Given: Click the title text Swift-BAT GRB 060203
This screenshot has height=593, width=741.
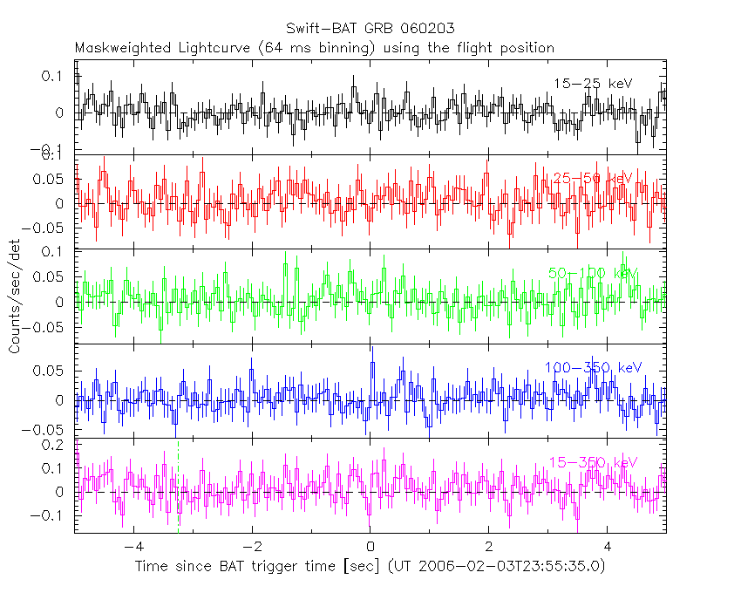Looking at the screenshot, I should point(370,29).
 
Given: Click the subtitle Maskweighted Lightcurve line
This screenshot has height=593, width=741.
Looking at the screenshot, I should point(315,47).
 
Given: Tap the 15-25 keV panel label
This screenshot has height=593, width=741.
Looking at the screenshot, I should point(592,83).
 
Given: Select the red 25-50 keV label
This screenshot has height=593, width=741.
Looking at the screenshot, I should point(592,179).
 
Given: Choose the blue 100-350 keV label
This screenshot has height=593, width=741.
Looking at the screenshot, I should point(593,368).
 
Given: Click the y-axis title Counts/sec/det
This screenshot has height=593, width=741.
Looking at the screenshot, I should point(15,297).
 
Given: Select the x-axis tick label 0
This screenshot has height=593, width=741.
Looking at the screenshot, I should point(370,548).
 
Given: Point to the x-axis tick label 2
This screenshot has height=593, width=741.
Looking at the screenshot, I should point(489,548).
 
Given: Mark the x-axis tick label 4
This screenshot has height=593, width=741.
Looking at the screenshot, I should point(608,548).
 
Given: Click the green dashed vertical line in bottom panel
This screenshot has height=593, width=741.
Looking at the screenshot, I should point(179,497).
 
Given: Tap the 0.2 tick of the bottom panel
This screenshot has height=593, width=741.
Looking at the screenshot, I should point(54,445).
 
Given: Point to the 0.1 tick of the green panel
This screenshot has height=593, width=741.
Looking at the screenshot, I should point(54,253).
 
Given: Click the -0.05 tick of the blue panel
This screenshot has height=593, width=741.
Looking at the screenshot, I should point(49,430).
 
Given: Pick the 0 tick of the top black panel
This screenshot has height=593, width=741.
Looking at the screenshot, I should point(59,113).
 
